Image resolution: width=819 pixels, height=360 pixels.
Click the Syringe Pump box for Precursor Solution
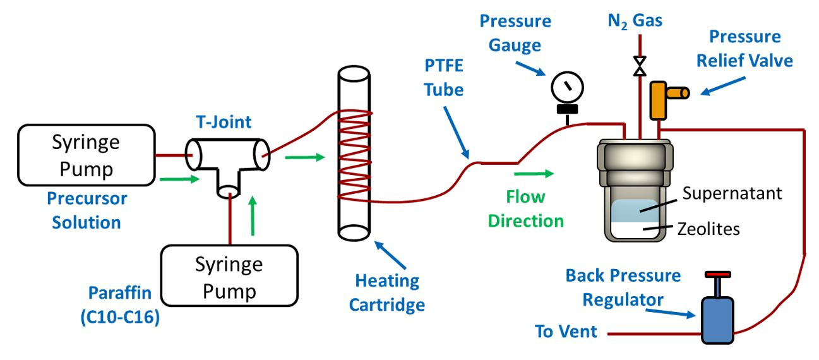(87, 155)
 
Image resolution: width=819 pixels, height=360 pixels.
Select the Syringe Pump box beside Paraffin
(230, 275)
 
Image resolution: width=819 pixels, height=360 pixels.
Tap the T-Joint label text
(224, 122)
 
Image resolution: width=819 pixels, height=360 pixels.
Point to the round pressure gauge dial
(567, 87)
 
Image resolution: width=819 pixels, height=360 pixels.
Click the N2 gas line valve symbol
(640, 66)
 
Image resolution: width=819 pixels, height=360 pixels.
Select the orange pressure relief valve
(666, 99)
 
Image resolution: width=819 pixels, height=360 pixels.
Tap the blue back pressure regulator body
(717, 320)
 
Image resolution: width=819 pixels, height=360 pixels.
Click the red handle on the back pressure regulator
(718, 274)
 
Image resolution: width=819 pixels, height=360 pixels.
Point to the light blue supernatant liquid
(635, 211)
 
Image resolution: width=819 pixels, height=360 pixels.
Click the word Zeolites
(708, 229)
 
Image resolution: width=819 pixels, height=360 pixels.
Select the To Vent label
(566, 332)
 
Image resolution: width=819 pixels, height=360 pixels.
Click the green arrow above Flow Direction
(534, 174)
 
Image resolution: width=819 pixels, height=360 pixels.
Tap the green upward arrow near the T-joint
(253, 216)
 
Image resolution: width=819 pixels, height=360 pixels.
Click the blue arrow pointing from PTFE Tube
(457, 133)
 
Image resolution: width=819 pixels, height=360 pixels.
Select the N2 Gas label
(635, 21)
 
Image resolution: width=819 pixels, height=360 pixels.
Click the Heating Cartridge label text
(387, 292)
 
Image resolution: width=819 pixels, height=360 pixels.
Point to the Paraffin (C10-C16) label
(120, 305)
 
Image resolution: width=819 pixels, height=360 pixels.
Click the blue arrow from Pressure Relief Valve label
(722, 86)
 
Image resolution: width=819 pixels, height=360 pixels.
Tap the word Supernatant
(732, 193)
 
